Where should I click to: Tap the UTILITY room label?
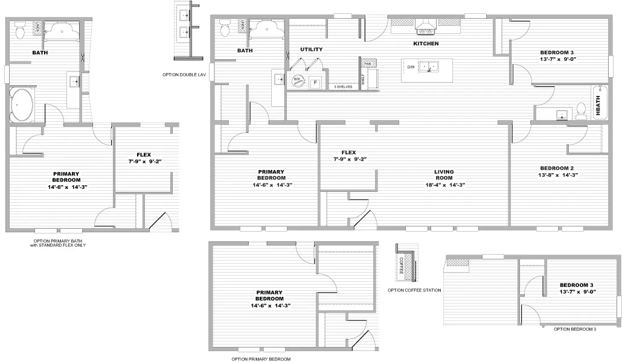pos(311,49)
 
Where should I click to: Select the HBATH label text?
pos(598,106)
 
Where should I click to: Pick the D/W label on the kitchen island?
pos(411,66)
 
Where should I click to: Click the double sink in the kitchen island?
pos(429,66)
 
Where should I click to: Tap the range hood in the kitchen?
pos(425,25)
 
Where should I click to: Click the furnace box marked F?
pos(315,83)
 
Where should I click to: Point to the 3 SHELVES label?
pos(343,87)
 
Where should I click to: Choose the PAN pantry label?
pos(367,63)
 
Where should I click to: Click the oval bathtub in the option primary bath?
pos(22,106)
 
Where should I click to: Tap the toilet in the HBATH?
pos(581,110)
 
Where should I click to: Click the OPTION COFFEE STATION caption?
pos(414,290)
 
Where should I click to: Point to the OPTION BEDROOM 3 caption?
pos(575,329)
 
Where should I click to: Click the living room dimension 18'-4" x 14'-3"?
pos(444,185)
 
